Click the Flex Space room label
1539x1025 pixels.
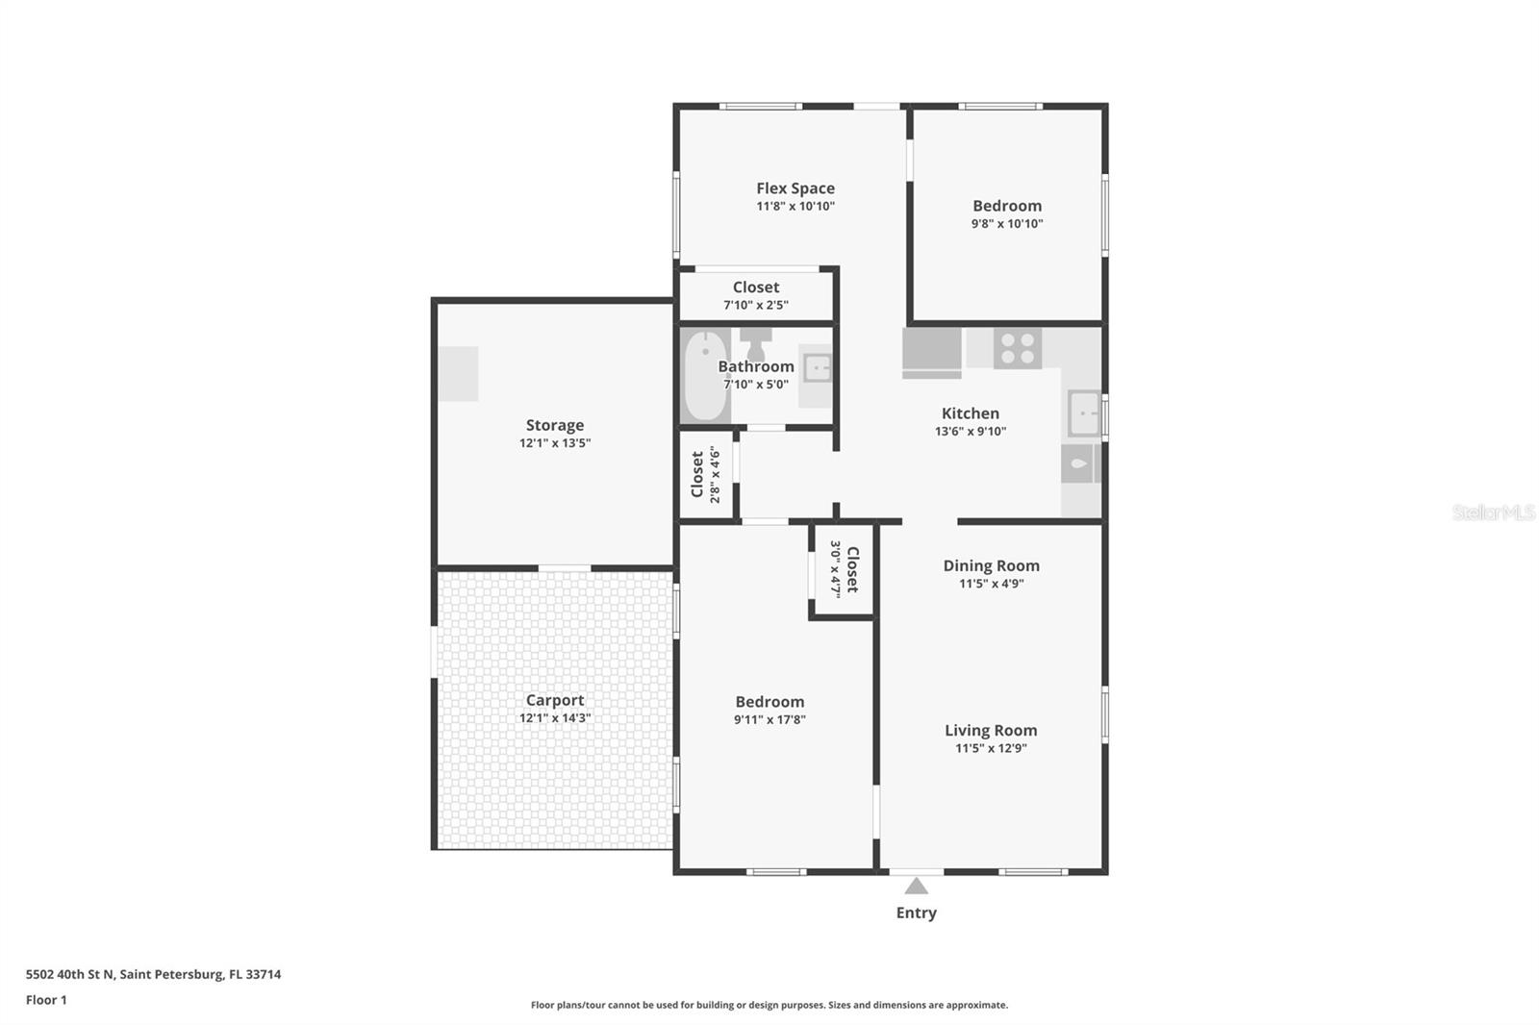coord(795,188)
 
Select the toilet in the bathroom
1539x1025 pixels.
coord(756,343)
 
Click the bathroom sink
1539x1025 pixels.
coord(817,367)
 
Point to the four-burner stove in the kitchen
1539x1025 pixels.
coord(1017,348)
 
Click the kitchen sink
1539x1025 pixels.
coord(1084,413)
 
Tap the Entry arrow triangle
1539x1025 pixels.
coord(917,886)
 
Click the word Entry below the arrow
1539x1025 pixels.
coord(916,912)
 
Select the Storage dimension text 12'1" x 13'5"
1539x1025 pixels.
coord(555,443)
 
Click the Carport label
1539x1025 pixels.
coord(554,700)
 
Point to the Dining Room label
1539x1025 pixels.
coord(991,565)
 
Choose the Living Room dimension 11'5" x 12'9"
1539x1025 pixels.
coord(991,748)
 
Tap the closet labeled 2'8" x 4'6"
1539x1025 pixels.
coord(705,474)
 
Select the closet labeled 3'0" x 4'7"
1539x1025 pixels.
coord(844,569)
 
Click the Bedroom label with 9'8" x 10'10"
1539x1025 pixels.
coord(1007,206)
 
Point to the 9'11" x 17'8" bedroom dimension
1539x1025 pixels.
coord(769,719)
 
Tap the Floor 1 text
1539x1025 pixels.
coord(46,1000)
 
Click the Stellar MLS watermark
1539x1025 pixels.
coord(1493,512)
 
